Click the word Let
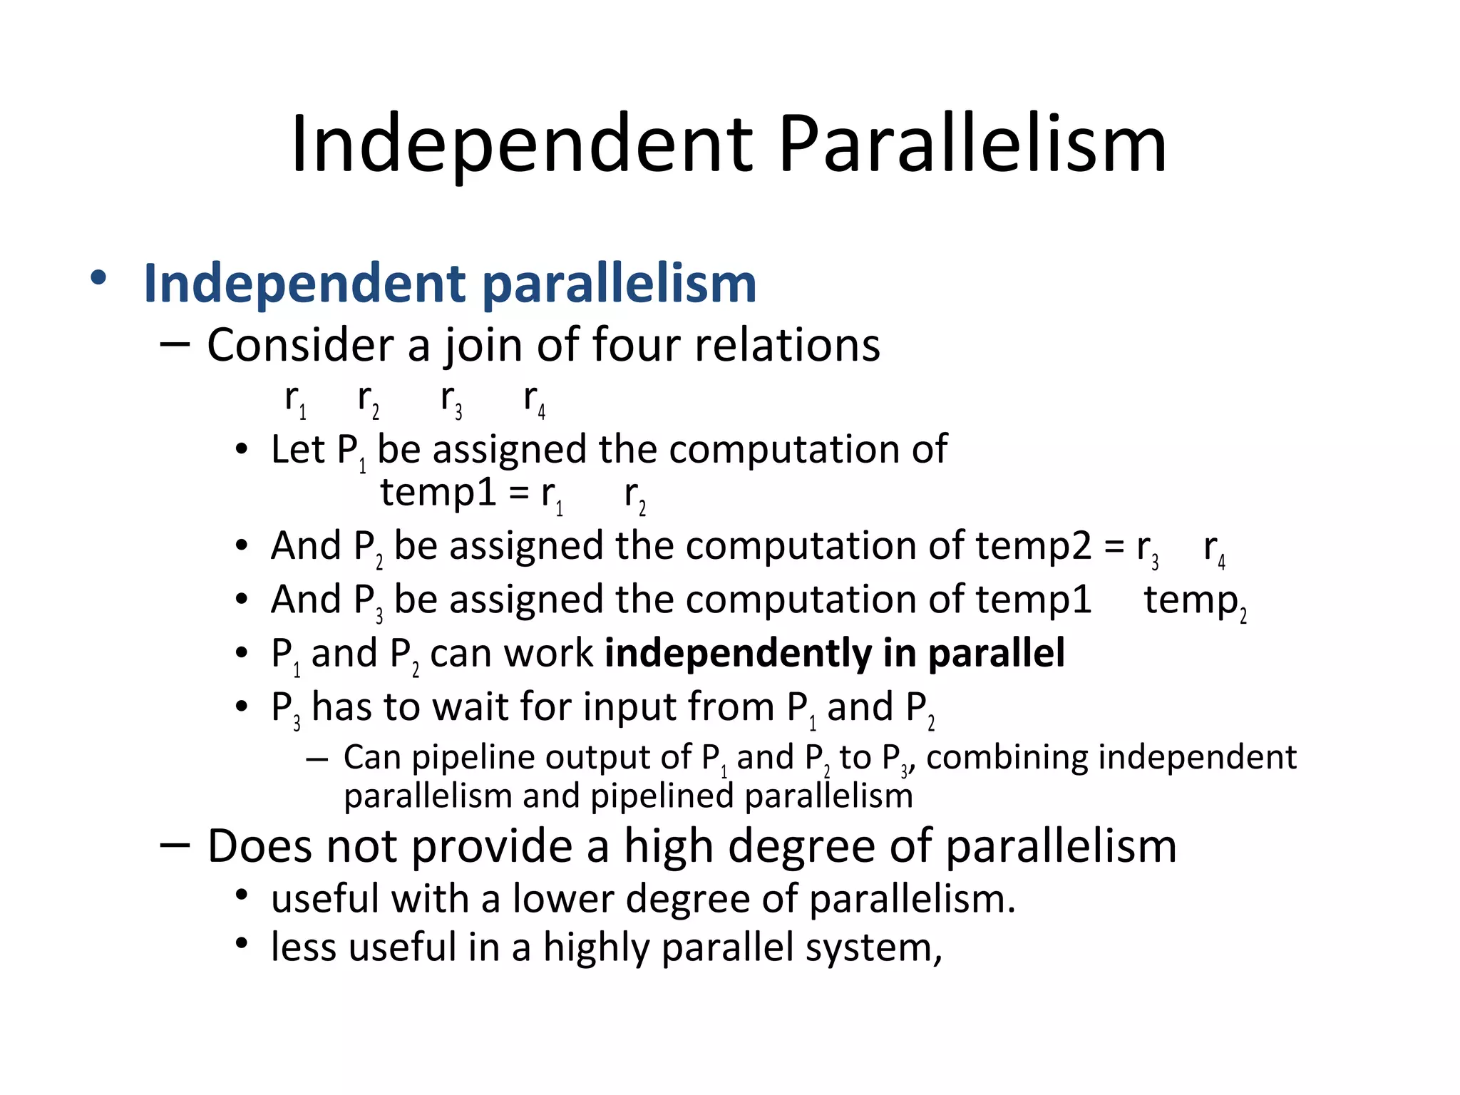(x=297, y=451)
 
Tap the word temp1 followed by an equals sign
(x=438, y=493)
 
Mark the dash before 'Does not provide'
(x=175, y=845)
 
